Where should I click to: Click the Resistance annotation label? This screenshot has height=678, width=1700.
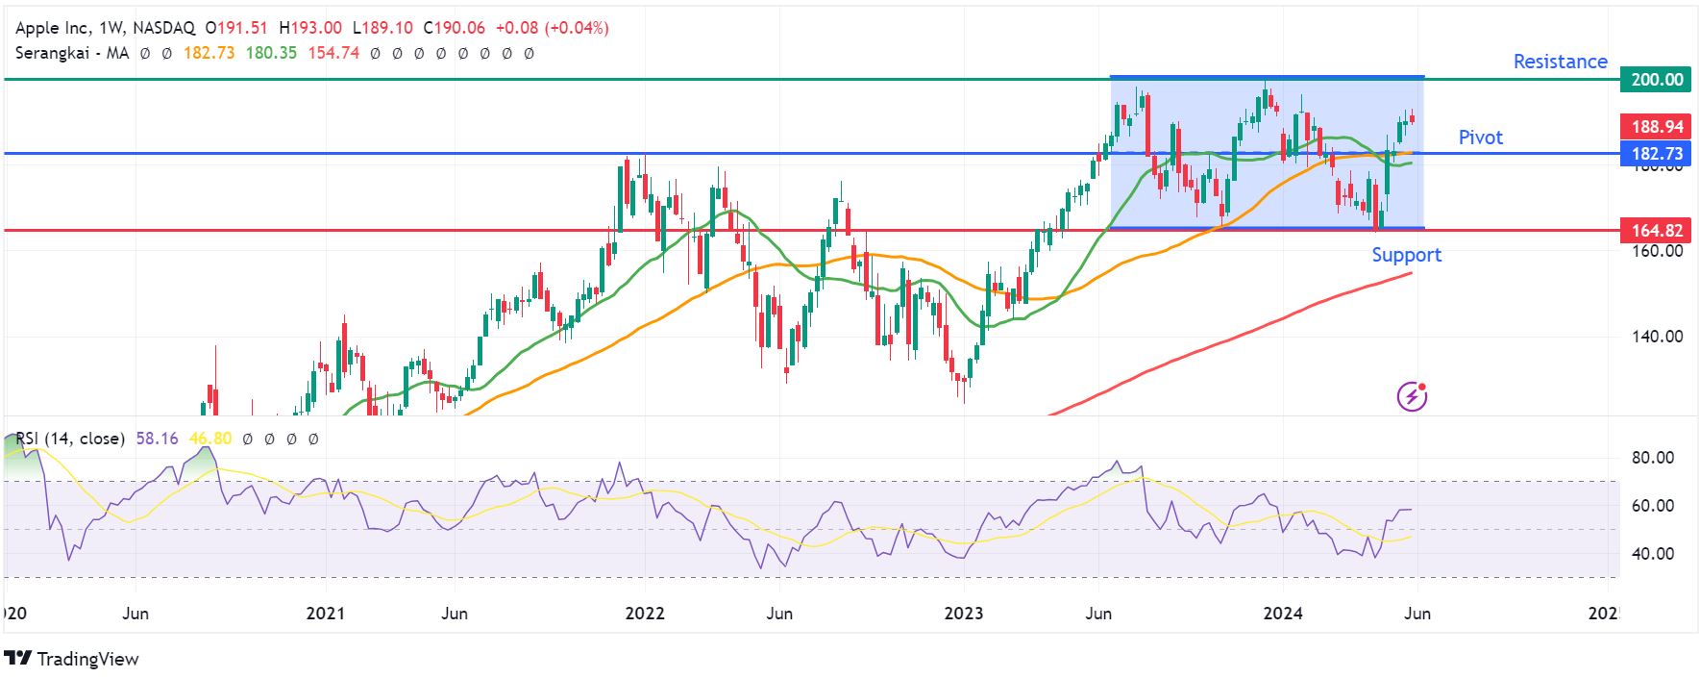[x=1560, y=62]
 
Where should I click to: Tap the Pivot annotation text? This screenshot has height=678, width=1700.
[x=1480, y=138]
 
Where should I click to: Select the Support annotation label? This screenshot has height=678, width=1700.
[x=1406, y=255]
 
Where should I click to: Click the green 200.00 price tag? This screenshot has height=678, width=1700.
[x=1657, y=80]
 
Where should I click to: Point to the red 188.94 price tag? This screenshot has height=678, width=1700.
[x=1657, y=127]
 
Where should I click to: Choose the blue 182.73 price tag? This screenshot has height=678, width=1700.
[x=1657, y=154]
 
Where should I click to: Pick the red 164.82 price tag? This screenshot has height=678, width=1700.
[x=1657, y=231]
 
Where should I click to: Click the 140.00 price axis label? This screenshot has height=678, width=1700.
[x=1657, y=337]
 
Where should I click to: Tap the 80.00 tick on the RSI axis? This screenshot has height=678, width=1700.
[x=1652, y=458]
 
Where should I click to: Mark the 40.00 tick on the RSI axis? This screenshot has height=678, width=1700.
[x=1652, y=554]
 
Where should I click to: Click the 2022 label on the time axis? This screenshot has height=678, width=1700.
[x=644, y=614]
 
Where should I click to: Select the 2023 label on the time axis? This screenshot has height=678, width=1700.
[x=963, y=614]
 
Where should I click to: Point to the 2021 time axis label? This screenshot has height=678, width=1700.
[x=325, y=614]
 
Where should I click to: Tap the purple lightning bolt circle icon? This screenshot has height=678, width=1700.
[x=1411, y=395]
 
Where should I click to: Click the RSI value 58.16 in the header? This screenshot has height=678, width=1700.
[x=157, y=439]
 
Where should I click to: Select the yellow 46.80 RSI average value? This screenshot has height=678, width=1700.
[x=210, y=439]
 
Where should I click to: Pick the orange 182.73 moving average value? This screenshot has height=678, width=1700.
[x=209, y=53]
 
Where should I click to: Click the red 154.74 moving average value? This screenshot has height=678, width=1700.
[x=333, y=53]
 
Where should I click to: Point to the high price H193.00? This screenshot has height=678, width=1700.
[x=309, y=28]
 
